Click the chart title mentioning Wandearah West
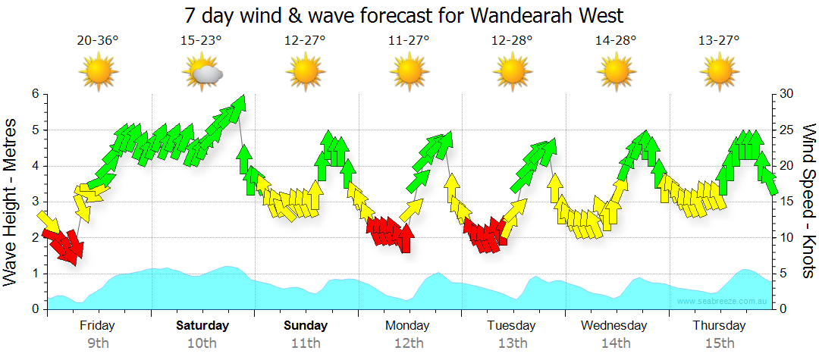point(409,15)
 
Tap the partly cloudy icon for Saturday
point(202,72)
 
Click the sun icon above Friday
point(98,72)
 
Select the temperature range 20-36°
point(98,40)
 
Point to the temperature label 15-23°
point(202,40)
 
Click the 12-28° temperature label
point(513,40)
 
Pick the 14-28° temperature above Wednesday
point(616,40)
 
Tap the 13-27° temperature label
point(719,40)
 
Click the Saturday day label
point(202,326)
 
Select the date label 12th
point(409,343)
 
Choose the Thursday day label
point(719,326)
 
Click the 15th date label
point(719,343)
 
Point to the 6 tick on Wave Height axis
point(35,94)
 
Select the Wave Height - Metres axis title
point(12,201)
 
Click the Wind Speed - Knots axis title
point(808,201)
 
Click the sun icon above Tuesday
point(513,72)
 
